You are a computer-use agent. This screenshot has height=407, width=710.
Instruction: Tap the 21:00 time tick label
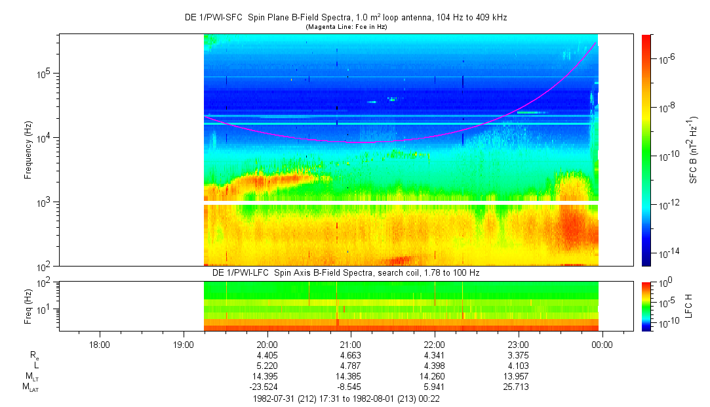click(351, 344)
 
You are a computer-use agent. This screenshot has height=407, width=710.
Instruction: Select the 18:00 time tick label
click(99, 344)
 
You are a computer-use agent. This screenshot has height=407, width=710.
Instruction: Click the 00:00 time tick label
click(602, 344)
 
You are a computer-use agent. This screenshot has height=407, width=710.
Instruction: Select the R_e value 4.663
click(351, 355)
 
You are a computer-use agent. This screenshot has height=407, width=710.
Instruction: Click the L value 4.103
click(518, 366)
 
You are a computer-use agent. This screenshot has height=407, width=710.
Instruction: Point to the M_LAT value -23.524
click(266, 387)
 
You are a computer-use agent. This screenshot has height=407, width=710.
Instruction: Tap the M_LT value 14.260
click(435, 376)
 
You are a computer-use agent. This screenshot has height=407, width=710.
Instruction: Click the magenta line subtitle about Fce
click(345, 26)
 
